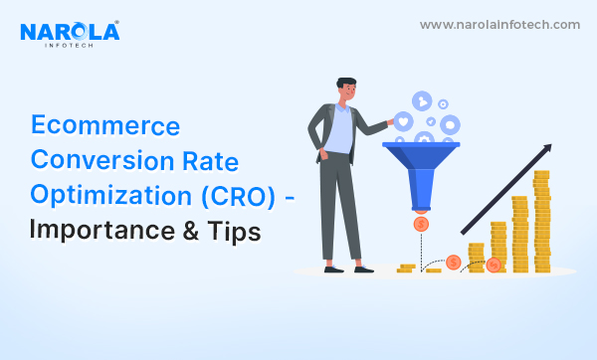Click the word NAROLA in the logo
click(70, 32)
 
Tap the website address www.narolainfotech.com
click(499, 25)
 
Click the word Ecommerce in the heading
click(105, 126)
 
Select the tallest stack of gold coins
click(541, 221)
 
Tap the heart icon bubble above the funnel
click(405, 121)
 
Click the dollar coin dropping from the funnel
click(421, 225)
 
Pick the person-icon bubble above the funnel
click(450, 124)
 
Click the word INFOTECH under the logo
click(70, 48)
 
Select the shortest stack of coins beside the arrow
click(476, 257)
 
